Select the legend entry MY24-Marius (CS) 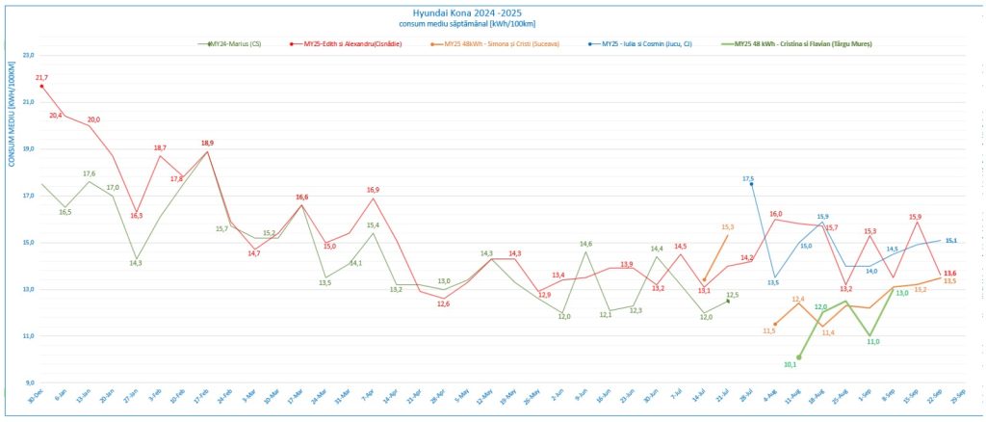point(235,44)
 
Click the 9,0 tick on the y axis point(28,382)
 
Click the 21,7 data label point(41,77)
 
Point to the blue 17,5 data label point(748,179)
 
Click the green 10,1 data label point(791,365)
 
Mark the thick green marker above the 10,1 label point(799,357)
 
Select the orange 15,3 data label point(728,227)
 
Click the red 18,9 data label point(207,143)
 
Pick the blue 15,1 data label point(951,241)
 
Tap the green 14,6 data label point(585,244)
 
